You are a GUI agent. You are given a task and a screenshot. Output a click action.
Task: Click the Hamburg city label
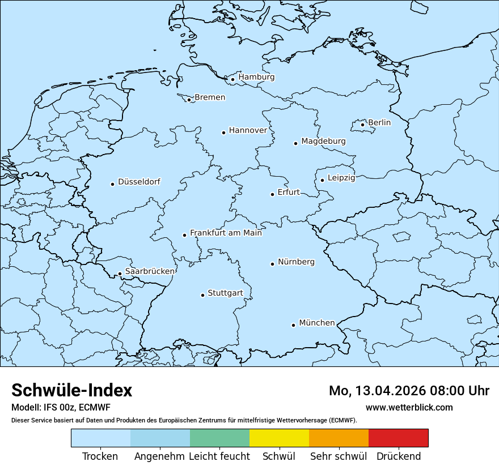coord(256,77)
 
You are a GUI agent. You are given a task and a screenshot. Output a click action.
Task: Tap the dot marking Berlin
coord(363,125)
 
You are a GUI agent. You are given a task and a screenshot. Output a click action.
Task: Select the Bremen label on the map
coord(210,97)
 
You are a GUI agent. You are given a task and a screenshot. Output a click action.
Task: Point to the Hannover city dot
coord(223,133)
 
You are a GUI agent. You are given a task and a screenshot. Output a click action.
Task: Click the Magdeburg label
coord(323,141)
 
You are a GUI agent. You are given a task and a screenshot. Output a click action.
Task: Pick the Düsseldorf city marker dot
coord(112,184)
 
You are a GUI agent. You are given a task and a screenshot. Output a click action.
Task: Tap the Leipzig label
coord(341,178)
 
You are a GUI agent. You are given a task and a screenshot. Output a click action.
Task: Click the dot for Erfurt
coord(272,194)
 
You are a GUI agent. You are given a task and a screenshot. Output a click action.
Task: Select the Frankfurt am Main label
coord(226,233)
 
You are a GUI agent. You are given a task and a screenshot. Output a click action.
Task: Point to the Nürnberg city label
coord(296,262)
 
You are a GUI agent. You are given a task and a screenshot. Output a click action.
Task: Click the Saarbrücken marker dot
coord(120,274)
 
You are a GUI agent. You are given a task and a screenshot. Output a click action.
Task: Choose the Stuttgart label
coord(225,293)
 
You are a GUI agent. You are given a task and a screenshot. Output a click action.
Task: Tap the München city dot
coord(293,325)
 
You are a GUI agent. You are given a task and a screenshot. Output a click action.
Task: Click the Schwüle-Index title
coord(71,390)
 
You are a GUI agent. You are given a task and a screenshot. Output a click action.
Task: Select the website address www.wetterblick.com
coord(409,407)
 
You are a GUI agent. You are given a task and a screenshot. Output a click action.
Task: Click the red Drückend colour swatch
coord(398,438)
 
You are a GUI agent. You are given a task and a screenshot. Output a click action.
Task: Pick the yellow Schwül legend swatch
coord(279,438)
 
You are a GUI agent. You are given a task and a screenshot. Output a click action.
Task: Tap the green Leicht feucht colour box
coord(219,438)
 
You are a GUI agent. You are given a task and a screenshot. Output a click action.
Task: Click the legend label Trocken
coord(100,456)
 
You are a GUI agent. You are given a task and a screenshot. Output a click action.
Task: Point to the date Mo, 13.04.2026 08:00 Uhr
coord(409,391)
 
